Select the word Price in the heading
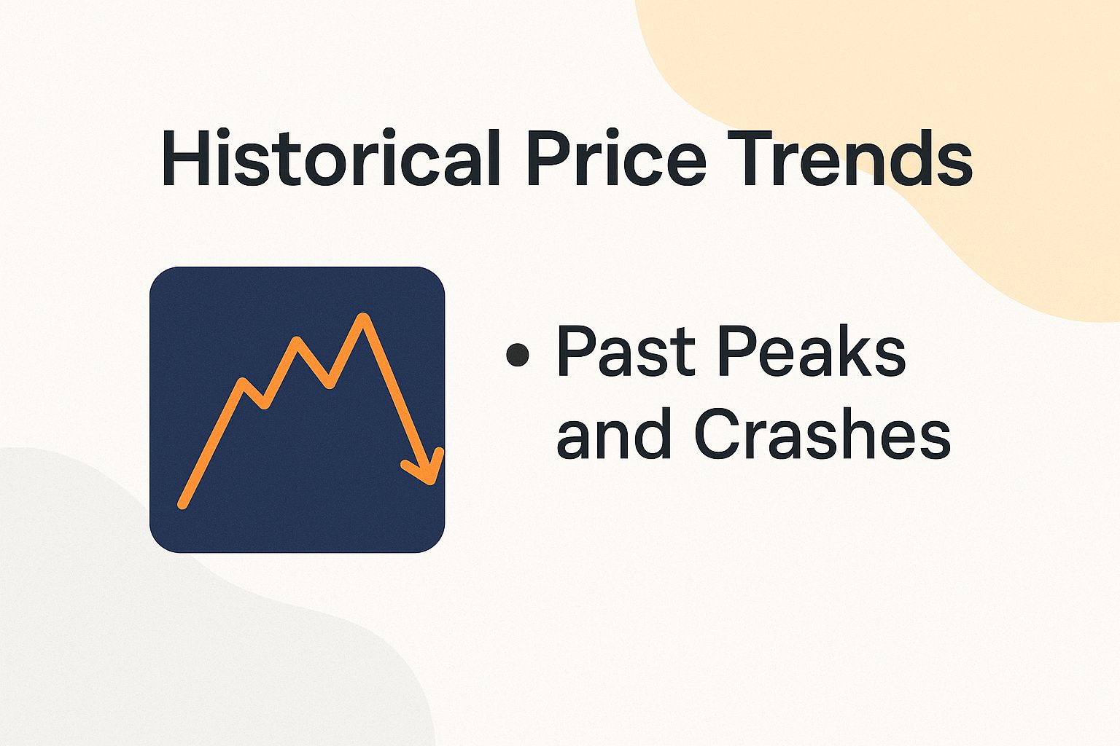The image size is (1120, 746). click(616, 159)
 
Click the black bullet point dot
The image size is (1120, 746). click(517, 355)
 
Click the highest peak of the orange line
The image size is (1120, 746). click(363, 318)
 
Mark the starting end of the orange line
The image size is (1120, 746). click(182, 504)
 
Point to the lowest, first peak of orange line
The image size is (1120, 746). click(243, 382)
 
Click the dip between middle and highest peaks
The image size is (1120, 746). click(330, 383)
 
